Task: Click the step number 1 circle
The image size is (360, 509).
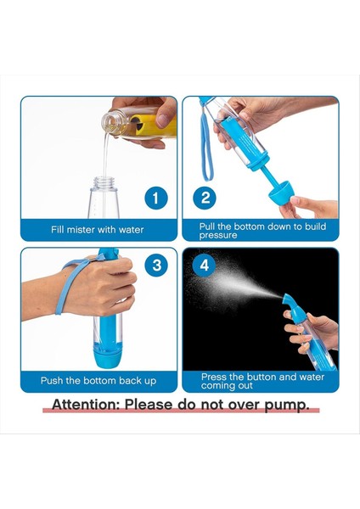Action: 155,199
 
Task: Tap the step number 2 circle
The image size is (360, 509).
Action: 205,199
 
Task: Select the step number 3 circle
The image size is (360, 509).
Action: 155,265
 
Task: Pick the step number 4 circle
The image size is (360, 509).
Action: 205,265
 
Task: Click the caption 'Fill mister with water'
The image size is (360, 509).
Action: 98,229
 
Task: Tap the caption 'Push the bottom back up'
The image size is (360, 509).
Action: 98,380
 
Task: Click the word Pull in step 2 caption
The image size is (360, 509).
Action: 209,226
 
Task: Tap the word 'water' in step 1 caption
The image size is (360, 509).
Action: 130,229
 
